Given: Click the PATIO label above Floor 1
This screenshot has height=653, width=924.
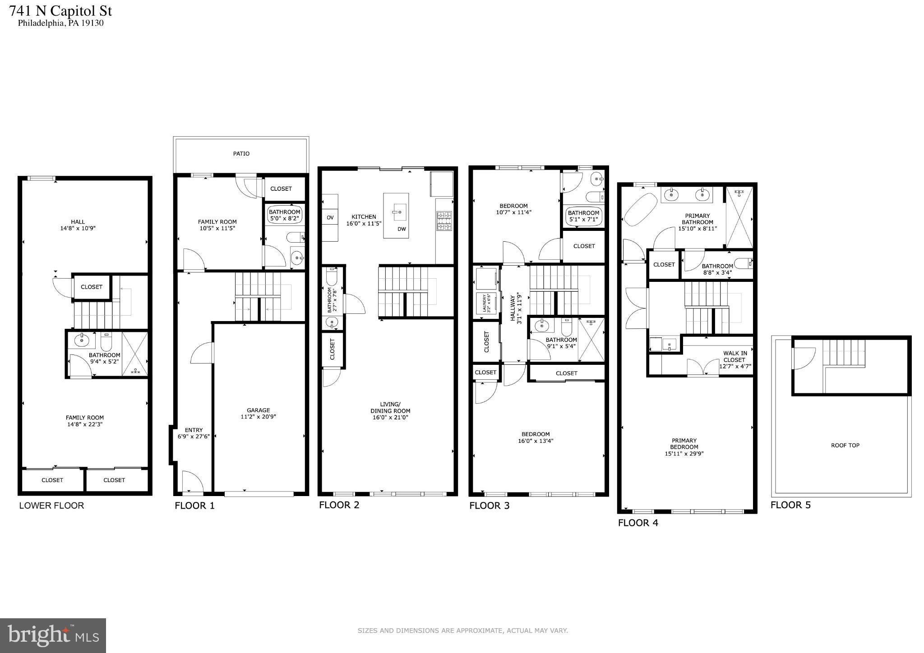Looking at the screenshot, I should (241, 154).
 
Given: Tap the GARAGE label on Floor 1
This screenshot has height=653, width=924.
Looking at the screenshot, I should (258, 410).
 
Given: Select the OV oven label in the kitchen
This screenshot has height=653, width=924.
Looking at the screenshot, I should (330, 218).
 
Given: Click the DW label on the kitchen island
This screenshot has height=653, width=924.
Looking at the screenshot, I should (402, 229).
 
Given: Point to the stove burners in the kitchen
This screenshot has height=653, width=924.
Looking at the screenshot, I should (444, 221).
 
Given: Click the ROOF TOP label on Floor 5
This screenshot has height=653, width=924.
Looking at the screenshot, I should (845, 446).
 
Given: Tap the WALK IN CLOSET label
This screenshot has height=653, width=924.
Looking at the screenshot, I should (734, 357).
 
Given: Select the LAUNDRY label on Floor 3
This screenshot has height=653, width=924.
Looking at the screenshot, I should (485, 303).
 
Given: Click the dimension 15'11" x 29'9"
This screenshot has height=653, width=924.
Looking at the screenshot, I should (684, 454).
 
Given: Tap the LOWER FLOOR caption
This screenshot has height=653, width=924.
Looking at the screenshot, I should (51, 506).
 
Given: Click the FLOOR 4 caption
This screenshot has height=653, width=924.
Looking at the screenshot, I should (638, 523).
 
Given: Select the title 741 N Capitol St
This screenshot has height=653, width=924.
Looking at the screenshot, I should (60, 11).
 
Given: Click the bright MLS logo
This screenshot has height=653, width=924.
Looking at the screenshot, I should (53, 635).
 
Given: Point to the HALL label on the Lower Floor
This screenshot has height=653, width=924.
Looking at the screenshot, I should (78, 222).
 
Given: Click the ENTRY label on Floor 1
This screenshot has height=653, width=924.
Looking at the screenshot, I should (194, 430).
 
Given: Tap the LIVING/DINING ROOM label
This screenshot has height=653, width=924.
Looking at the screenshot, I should (390, 408).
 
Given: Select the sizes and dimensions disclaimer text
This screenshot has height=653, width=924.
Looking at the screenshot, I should (462, 631).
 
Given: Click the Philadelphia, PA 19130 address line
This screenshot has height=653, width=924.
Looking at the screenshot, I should (60, 23).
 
